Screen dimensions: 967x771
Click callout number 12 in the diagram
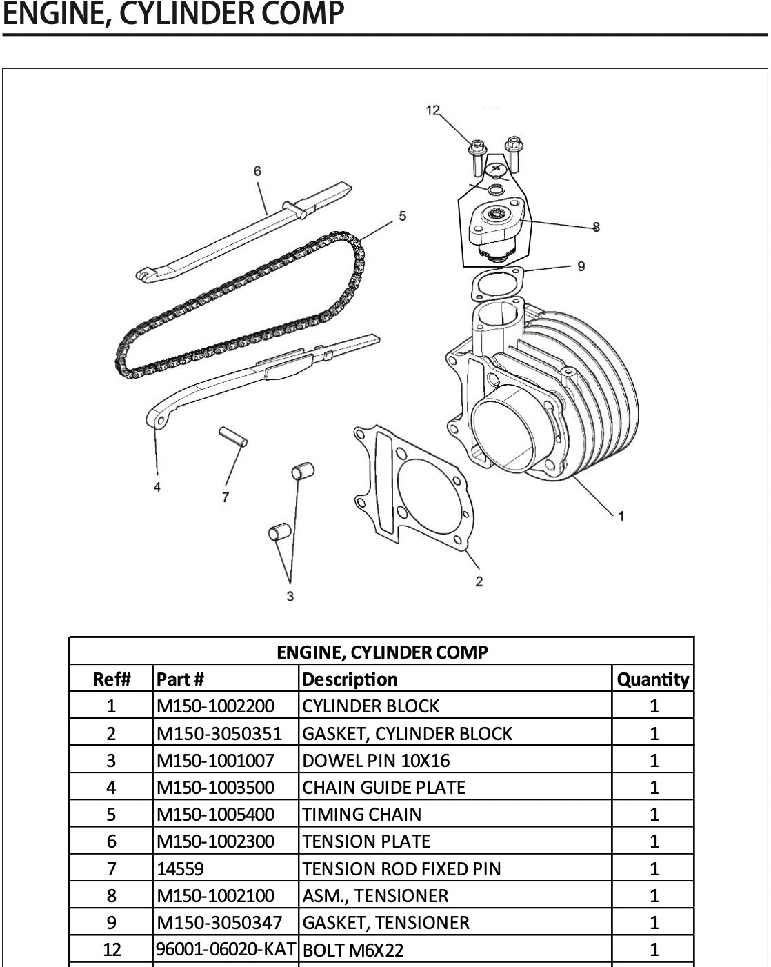(432, 110)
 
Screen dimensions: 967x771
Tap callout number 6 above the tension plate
(257, 170)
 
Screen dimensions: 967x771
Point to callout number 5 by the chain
(403, 216)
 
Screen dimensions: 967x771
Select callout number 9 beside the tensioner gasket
(581, 266)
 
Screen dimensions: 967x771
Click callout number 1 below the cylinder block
(621, 515)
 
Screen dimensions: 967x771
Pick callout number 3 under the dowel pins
(290, 595)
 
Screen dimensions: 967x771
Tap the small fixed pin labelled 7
(232, 437)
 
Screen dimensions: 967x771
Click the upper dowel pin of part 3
(303, 471)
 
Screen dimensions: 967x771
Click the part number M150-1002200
(215, 706)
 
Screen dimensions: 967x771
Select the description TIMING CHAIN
(361, 815)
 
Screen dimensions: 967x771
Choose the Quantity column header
(652, 679)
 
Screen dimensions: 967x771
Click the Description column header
(350, 679)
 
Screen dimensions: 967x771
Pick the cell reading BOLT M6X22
(353, 950)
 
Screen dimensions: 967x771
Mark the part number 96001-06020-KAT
(226, 949)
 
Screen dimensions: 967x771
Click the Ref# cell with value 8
(111, 895)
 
